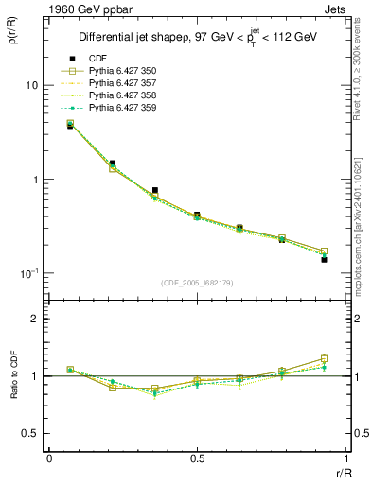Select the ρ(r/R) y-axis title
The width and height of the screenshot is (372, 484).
tap(14, 40)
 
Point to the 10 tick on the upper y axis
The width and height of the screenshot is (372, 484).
tap(30, 85)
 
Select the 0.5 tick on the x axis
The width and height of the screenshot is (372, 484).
tap(197, 458)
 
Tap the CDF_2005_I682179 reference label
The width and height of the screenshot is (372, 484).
tap(197, 284)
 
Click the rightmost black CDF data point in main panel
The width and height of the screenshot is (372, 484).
tap(324, 259)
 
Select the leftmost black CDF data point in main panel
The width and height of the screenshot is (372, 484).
tap(70, 126)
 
